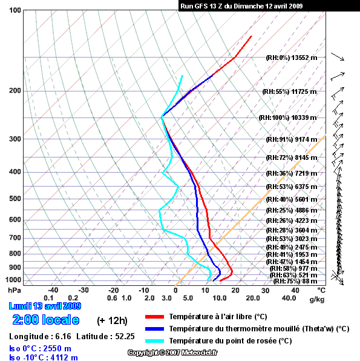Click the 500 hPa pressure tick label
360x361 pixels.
point(15,199)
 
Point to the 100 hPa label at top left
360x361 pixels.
point(15,10)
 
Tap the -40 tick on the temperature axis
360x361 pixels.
point(53,290)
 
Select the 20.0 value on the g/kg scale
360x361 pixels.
point(253,298)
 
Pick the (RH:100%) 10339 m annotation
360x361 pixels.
point(288,118)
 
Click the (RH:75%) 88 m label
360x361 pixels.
point(295,281)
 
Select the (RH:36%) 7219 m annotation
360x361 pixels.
point(292,173)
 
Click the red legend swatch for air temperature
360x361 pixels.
point(154,317)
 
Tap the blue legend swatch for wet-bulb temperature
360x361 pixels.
point(154,329)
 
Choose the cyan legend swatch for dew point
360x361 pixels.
point(154,341)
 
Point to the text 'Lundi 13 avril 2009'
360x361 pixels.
point(45,306)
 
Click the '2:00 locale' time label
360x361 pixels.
point(46,320)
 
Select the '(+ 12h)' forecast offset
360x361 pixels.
point(112,320)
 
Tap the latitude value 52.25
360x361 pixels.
point(125,336)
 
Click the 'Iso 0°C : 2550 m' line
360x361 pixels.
point(41,348)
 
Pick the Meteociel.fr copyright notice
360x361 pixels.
point(172,353)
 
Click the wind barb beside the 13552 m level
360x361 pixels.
point(338,57)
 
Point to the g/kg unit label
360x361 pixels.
point(317,299)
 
